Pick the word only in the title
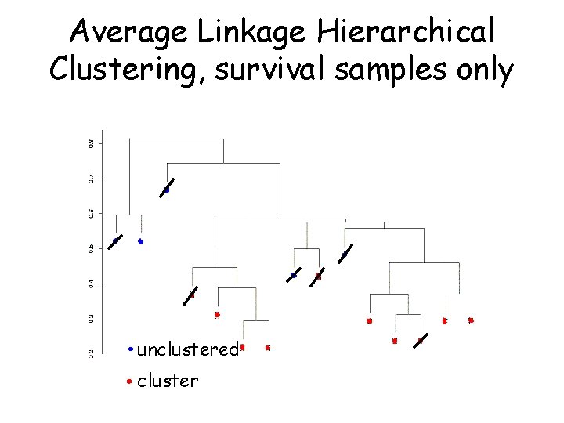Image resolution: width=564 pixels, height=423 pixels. pyautogui.click(x=483, y=70)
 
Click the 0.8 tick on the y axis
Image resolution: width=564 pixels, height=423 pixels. pyautogui.click(x=91, y=143)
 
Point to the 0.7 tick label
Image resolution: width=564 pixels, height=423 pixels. pyautogui.click(x=91, y=179)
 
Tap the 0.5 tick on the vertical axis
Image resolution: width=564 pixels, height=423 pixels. pyautogui.click(x=91, y=248)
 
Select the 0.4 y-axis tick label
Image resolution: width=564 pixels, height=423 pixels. pyautogui.click(x=91, y=283)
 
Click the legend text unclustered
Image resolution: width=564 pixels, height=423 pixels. pyautogui.click(x=187, y=349)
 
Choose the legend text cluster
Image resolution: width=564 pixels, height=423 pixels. pyautogui.click(x=168, y=381)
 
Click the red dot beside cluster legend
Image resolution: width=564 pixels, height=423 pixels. pyautogui.click(x=129, y=382)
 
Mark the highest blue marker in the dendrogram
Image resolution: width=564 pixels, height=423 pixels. pyautogui.click(x=166, y=190)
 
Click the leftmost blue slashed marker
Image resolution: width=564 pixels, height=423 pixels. pyautogui.click(x=115, y=241)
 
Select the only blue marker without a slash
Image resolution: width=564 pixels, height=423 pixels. pyautogui.click(x=141, y=242)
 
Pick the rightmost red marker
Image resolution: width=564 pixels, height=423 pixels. pyautogui.click(x=471, y=320)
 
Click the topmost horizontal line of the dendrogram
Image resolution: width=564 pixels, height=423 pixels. pyautogui.click(x=176, y=139)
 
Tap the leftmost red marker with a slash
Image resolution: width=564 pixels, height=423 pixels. pyautogui.click(x=191, y=295)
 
